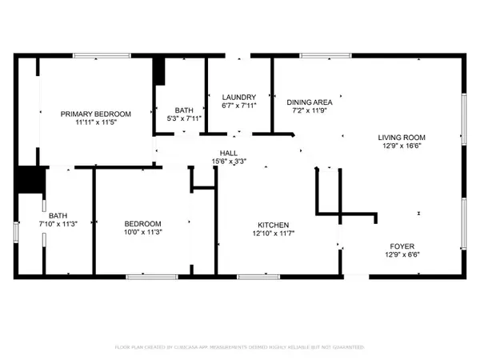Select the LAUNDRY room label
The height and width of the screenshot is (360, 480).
tap(238, 97)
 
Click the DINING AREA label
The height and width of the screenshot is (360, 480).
tap(310, 102)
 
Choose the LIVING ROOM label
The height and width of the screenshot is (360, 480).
tap(401, 137)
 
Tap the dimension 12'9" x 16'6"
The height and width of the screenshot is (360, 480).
tap(401, 146)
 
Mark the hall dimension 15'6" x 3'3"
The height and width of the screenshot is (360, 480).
tap(229, 161)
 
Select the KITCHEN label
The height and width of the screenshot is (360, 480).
tap(273, 225)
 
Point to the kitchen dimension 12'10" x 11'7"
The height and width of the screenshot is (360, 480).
tap(273, 234)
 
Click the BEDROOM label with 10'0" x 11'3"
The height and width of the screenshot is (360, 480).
tap(143, 223)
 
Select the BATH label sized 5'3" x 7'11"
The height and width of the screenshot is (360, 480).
tap(185, 110)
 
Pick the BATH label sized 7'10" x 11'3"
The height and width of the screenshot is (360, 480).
tap(58, 215)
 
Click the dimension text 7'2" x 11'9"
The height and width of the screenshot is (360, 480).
tap(310, 112)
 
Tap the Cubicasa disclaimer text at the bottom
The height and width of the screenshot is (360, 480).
tap(240, 348)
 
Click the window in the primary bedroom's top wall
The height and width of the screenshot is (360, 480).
tap(98, 56)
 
